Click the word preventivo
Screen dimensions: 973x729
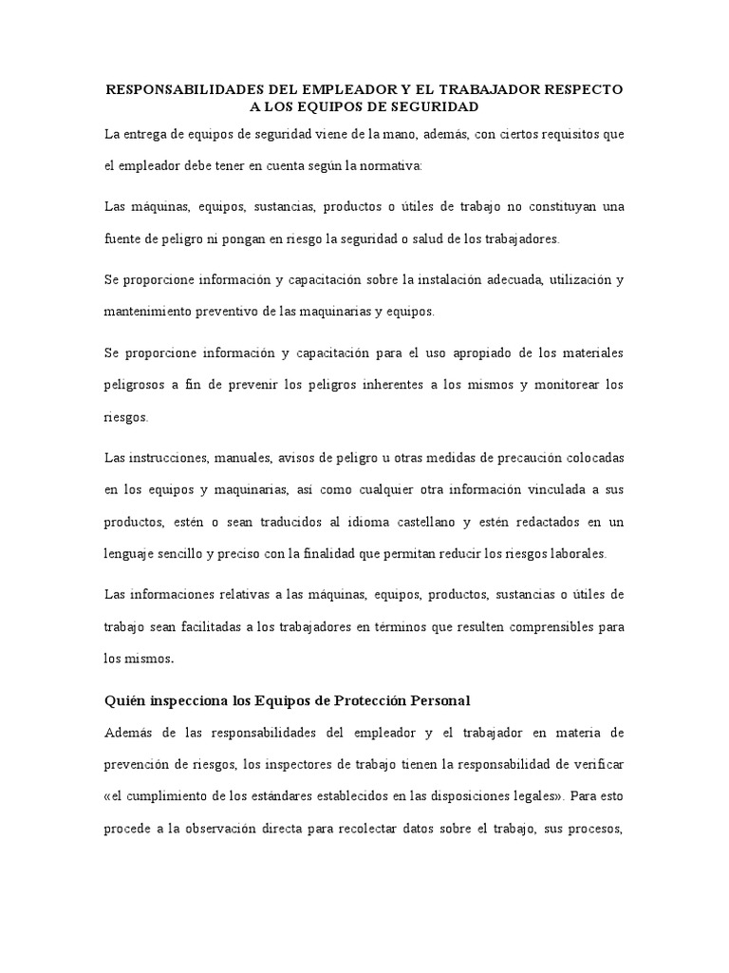[x=243, y=311]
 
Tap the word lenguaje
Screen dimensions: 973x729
[x=131, y=553]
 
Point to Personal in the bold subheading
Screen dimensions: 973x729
[x=440, y=701]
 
